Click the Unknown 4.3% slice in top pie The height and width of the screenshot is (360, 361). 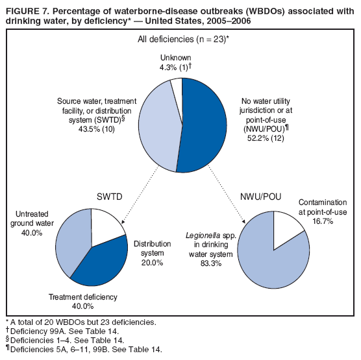tap(177, 86)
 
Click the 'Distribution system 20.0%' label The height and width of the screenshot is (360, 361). tap(152, 254)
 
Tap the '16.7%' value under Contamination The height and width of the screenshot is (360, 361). tap(330, 221)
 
